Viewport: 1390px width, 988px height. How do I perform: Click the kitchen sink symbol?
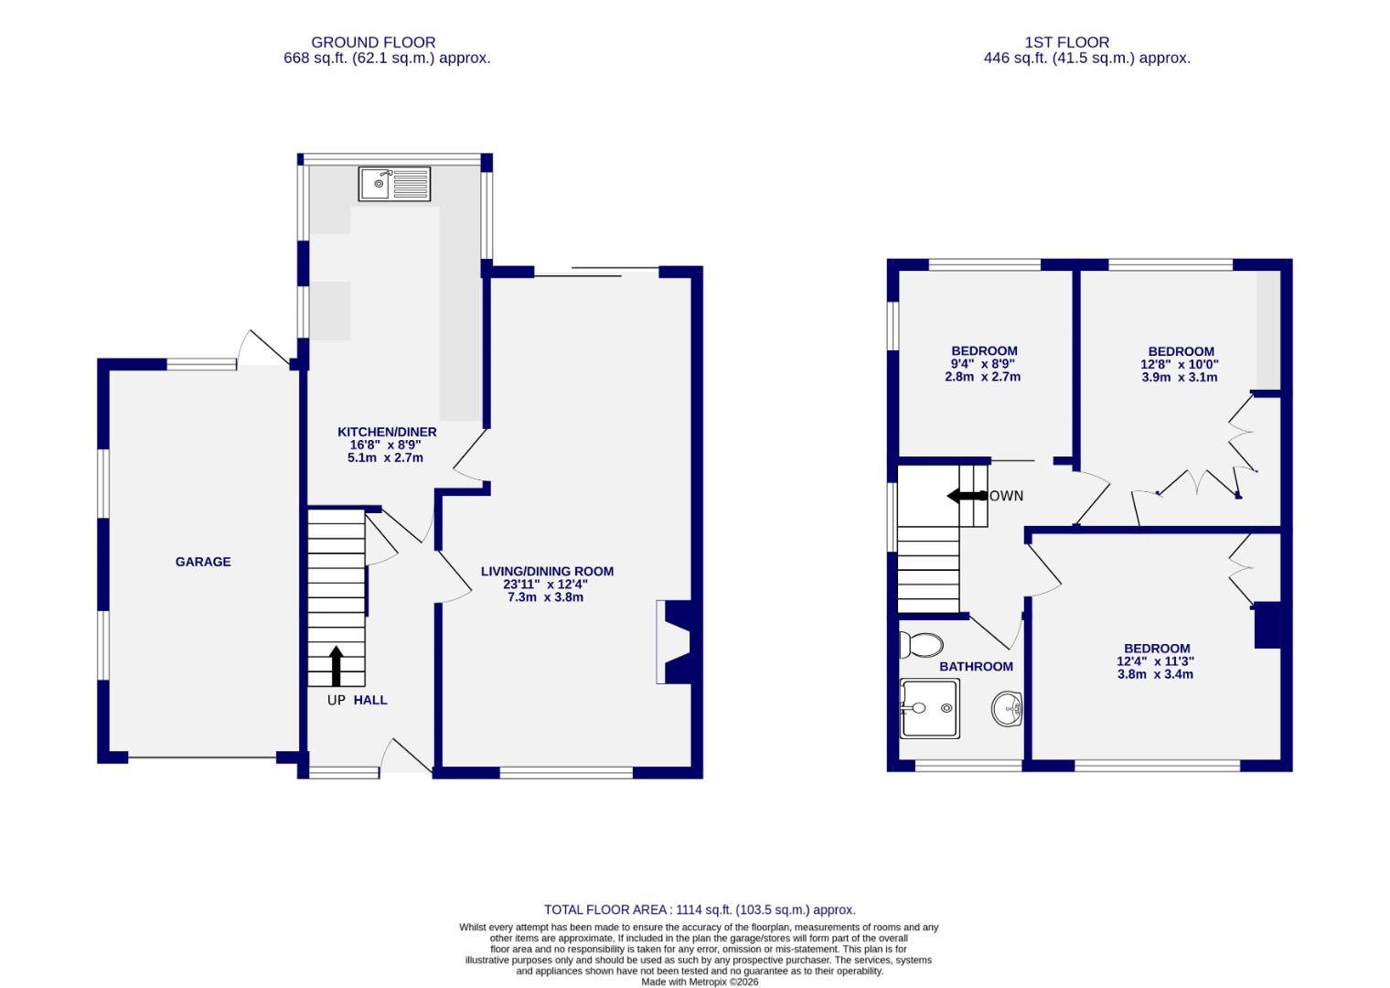pyautogui.click(x=394, y=184)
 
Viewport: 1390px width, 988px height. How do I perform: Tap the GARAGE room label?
pyautogui.click(x=203, y=562)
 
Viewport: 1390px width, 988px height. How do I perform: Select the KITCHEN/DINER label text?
pyautogui.click(x=387, y=432)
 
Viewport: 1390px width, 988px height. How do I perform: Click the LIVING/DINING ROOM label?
pyautogui.click(x=547, y=571)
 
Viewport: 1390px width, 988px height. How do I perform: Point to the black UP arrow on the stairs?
pyautogui.click(x=336, y=665)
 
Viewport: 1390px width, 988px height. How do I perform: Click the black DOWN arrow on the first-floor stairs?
pyautogui.click(x=964, y=496)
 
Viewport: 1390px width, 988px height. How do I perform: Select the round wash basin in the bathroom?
pyautogui.click(x=1006, y=708)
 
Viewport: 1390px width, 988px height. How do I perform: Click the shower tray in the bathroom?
pyautogui.click(x=930, y=708)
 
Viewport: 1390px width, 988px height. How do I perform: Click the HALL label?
pyautogui.click(x=370, y=700)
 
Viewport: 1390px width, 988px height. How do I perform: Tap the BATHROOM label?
pyautogui.click(x=976, y=667)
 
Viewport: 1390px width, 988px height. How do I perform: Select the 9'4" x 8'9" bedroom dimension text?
pyautogui.click(x=983, y=364)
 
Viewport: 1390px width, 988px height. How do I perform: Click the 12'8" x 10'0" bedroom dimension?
pyautogui.click(x=1180, y=364)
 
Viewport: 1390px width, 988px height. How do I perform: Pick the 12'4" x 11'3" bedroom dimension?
pyautogui.click(x=1156, y=661)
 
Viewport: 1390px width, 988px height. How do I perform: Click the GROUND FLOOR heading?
pyautogui.click(x=373, y=42)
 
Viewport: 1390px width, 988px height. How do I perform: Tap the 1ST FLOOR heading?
pyautogui.click(x=1066, y=42)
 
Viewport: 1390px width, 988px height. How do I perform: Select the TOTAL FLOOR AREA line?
pyautogui.click(x=700, y=909)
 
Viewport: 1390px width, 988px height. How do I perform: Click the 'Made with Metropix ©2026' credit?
pyautogui.click(x=700, y=982)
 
